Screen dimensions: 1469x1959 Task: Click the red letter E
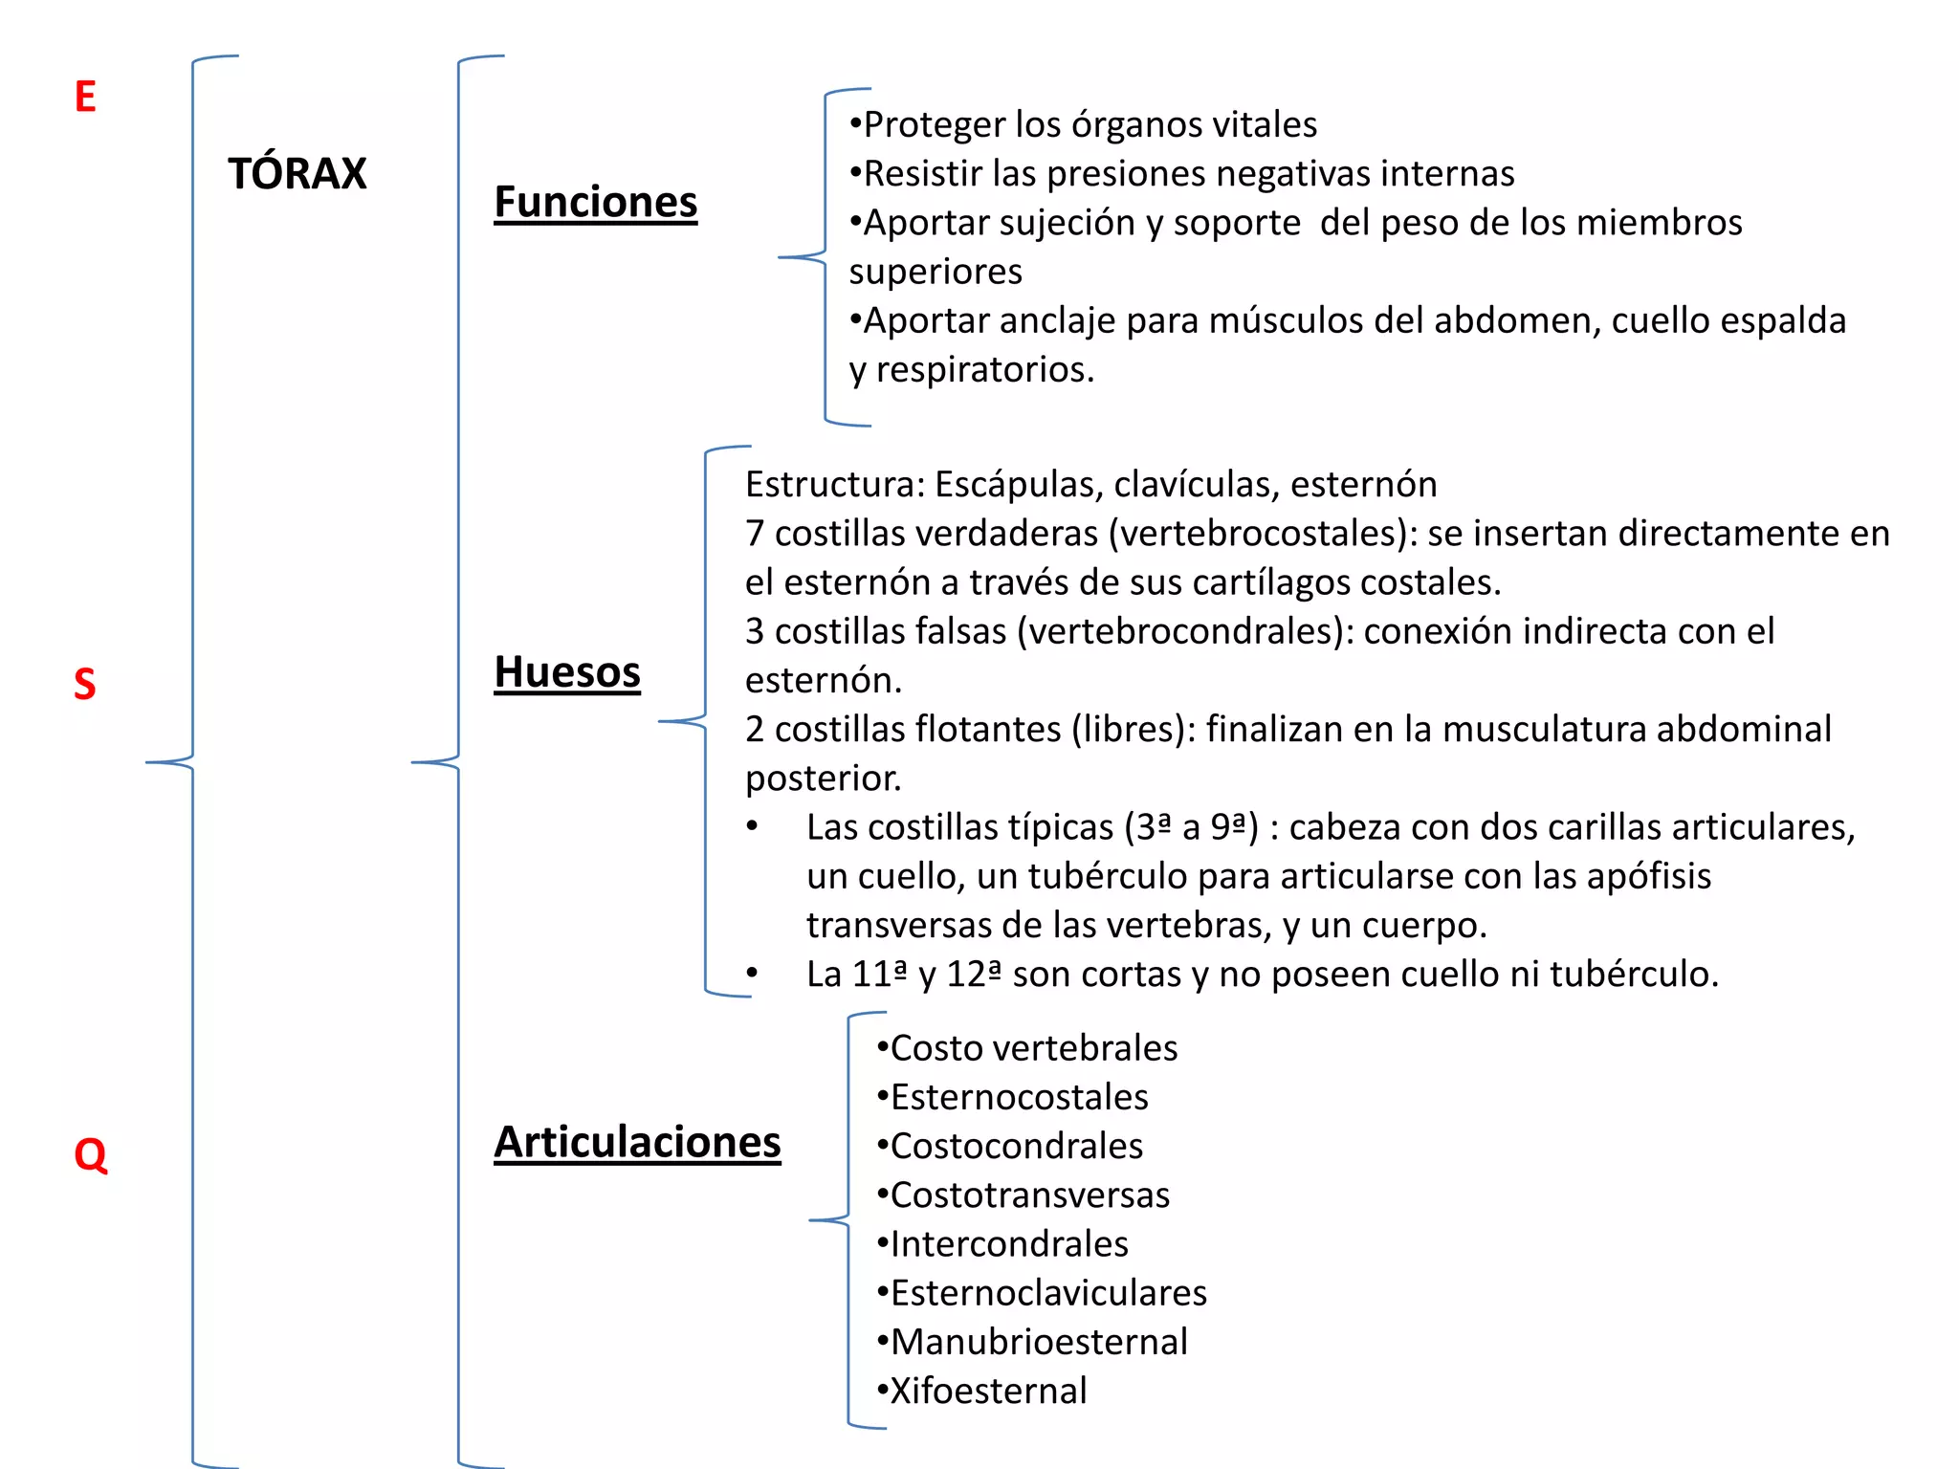[x=85, y=97]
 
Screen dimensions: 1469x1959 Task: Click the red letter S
[x=85, y=684]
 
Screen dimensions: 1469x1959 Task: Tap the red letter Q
[x=90, y=1154]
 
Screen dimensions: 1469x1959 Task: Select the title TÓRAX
[x=297, y=174]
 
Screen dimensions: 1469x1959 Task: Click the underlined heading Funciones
[x=595, y=202]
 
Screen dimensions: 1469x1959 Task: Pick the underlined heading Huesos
[x=567, y=671]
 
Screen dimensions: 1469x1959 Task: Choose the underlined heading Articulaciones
[x=637, y=1142]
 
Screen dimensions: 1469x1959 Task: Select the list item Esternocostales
[x=1019, y=1097]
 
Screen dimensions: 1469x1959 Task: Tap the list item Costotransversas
[x=1029, y=1195]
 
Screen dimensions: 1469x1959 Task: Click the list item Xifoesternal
[x=988, y=1392]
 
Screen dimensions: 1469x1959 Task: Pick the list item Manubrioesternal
[x=1039, y=1342]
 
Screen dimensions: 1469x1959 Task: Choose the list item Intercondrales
[x=1009, y=1244]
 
